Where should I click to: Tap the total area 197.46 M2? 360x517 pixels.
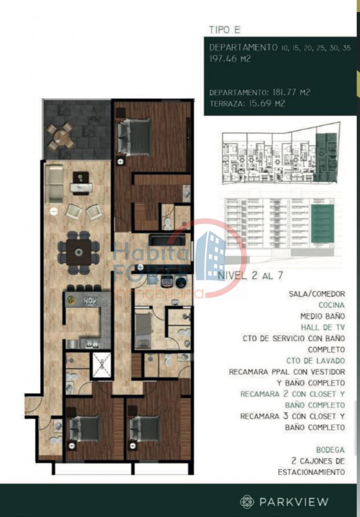[x=230, y=59]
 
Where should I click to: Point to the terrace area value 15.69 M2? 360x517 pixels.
[x=267, y=103]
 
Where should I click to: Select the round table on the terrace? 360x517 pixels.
[x=61, y=136]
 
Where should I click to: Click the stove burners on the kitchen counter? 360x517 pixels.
[x=90, y=301]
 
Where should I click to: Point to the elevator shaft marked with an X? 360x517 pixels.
[x=102, y=364]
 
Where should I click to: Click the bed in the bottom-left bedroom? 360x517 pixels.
[x=85, y=428]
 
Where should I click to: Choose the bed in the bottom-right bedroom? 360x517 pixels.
[x=145, y=428]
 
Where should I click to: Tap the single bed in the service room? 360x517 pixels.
[x=143, y=330]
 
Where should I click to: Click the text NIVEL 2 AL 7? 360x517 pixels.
[x=250, y=276]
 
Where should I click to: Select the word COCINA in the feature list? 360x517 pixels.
[x=331, y=305]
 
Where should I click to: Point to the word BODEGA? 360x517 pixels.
[x=331, y=450]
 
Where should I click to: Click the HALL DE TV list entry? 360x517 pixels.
[x=323, y=328]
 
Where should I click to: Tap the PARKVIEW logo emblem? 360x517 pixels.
[x=247, y=502]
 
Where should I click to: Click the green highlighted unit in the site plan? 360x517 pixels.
[x=326, y=157]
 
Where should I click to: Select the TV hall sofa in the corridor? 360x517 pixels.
[x=167, y=240]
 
